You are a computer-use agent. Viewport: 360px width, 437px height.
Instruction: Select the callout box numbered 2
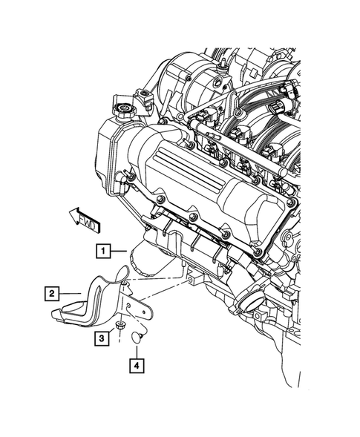coord(52,294)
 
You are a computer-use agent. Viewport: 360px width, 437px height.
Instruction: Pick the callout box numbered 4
coord(136,365)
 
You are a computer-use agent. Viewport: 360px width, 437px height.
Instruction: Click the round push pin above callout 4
coord(137,336)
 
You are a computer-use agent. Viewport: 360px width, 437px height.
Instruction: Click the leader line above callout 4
coord(137,349)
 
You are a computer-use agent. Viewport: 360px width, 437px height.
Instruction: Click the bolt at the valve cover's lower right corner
coord(258,253)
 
